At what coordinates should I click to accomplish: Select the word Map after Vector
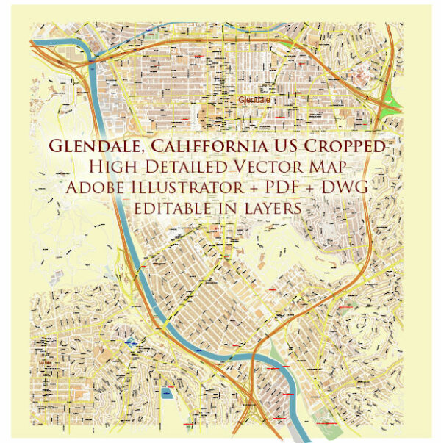[x=337, y=168]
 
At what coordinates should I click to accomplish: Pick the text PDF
[x=293, y=189]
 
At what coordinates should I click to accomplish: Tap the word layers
[x=278, y=209]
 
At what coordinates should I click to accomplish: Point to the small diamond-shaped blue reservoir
[x=130, y=342]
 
